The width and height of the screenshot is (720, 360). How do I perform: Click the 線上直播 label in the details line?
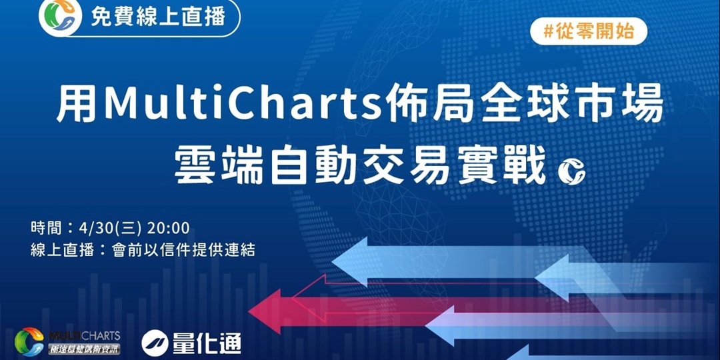[x=60, y=250]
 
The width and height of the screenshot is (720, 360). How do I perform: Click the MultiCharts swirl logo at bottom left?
[x=29, y=341]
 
